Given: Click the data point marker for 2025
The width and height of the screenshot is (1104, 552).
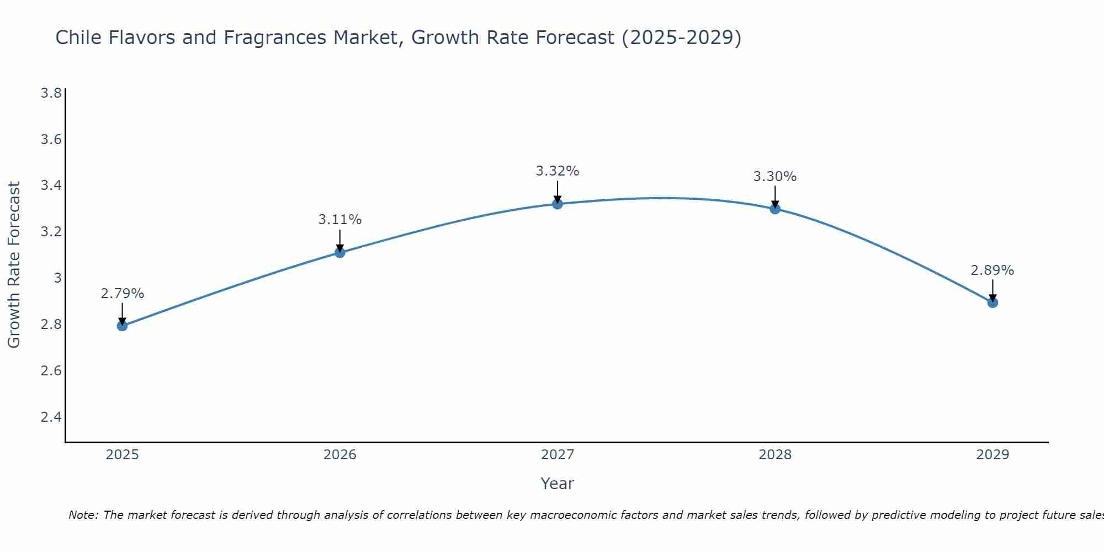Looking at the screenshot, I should point(122,326).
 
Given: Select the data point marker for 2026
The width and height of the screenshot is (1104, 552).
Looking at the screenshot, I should point(340,252).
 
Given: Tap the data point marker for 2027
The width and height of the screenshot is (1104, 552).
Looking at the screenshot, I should point(558,204).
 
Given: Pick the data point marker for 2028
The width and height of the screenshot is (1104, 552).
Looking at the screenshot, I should point(775,209).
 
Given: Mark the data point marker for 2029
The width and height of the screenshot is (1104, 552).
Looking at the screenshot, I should point(992,302).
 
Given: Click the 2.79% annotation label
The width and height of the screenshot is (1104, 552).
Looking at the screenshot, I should point(122,294).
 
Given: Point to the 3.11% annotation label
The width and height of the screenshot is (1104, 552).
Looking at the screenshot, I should point(340,220).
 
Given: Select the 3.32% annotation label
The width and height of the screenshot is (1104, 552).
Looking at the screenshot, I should point(558,171).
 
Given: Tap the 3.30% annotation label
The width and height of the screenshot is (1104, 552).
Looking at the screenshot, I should point(775,177).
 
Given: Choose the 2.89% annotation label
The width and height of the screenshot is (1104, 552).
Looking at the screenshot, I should point(992,270).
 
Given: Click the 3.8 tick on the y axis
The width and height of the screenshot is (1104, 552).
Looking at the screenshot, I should point(51,93).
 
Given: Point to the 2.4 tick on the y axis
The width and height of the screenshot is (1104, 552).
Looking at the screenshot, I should point(51,417).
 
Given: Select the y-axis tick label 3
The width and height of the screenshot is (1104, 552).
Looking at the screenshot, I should point(57,278).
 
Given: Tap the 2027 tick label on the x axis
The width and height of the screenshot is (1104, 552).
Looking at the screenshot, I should point(558,455).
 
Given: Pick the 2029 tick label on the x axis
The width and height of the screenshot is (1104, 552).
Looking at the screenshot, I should point(992,455).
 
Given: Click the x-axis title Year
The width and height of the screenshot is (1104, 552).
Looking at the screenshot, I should point(558,484).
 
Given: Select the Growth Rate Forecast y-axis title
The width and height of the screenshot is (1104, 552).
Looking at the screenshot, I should point(14,265).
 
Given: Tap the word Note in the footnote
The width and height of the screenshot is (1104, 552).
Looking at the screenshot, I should point(83,515).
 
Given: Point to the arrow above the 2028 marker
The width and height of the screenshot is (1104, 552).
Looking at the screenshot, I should point(775,197).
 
